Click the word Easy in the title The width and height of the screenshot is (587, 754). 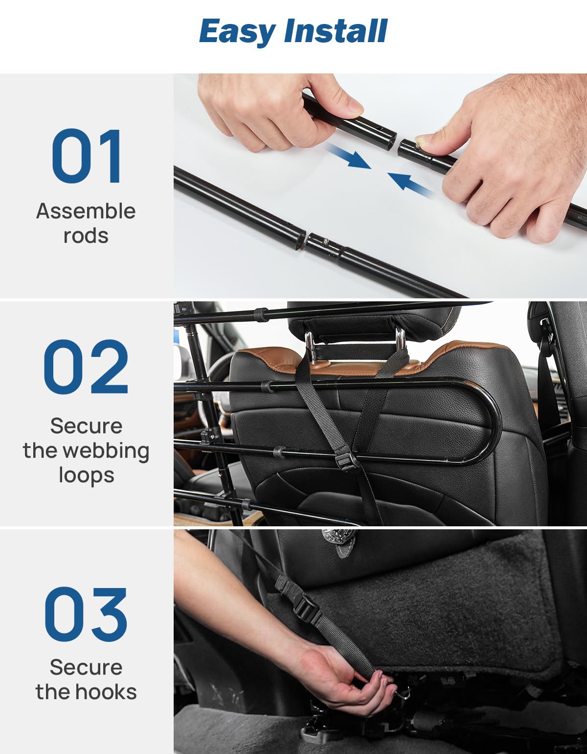pos(238,32)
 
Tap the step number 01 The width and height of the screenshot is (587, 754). pos(87,156)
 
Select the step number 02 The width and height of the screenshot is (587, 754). pos(86,366)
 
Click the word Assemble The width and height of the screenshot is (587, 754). pos(86,211)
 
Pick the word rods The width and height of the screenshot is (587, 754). pos(86,236)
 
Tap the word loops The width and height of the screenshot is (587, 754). pos(86,475)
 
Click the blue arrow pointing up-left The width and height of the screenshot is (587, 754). pos(411,186)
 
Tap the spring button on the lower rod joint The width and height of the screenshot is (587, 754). pos(326,240)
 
